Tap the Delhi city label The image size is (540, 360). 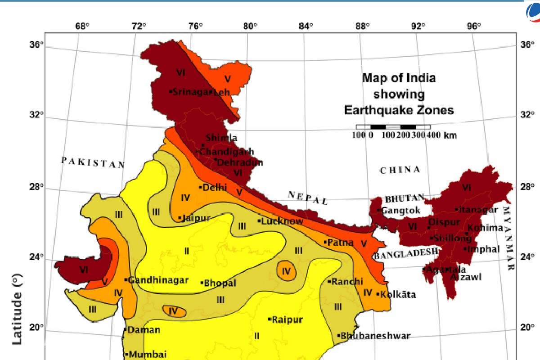tap(214, 187)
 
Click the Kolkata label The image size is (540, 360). tap(397, 295)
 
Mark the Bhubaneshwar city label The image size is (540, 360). tap(375, 336)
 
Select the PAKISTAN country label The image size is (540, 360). tap(93, 162)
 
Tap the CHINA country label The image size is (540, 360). tap(400, 170)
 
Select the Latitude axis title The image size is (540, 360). tap(17, 311)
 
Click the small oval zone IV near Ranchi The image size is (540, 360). tap(287, 271)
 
